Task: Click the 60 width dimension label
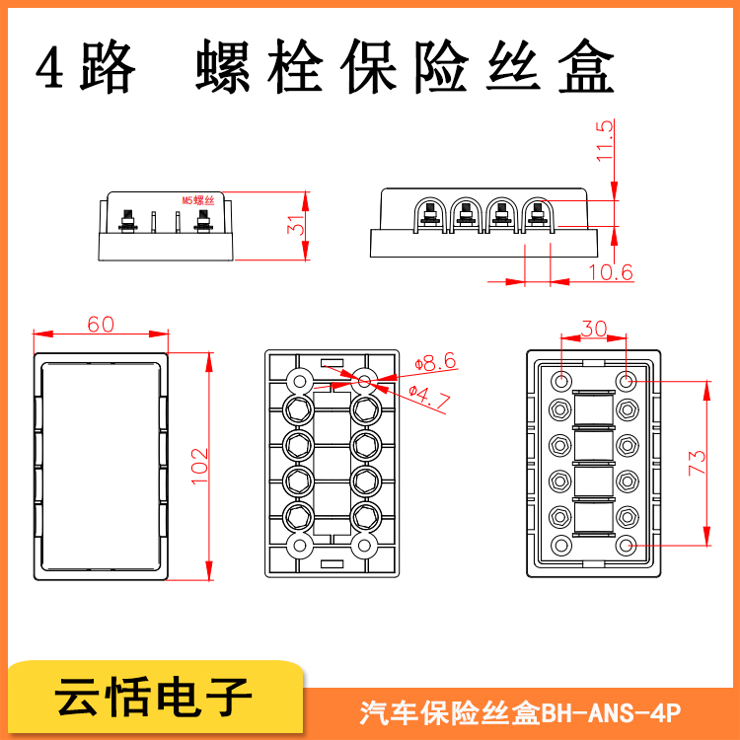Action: point(101,325)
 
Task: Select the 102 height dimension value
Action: point(199,467)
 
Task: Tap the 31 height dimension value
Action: point(296,225)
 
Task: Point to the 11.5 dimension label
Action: point(604,141)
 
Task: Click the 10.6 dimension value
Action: point(610,272)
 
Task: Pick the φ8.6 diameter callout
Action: point(435,362)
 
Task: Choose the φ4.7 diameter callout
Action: point(429,398)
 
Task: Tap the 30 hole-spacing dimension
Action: point(594,329)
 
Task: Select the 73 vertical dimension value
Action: point(697,463)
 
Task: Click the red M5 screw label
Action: point(198,200)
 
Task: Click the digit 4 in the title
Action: point(49,67)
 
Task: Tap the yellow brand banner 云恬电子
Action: point(153,697)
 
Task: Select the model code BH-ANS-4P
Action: point(611,712)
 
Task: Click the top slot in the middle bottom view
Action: point(333,363)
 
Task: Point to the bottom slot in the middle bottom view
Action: point(333,564)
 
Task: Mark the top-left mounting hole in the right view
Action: point(561,381)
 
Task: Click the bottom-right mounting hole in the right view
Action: point(627,546)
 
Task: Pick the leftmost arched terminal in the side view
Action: point(430,215)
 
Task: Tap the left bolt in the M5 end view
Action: point(127,221)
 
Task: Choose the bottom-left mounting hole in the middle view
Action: point(300,546)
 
